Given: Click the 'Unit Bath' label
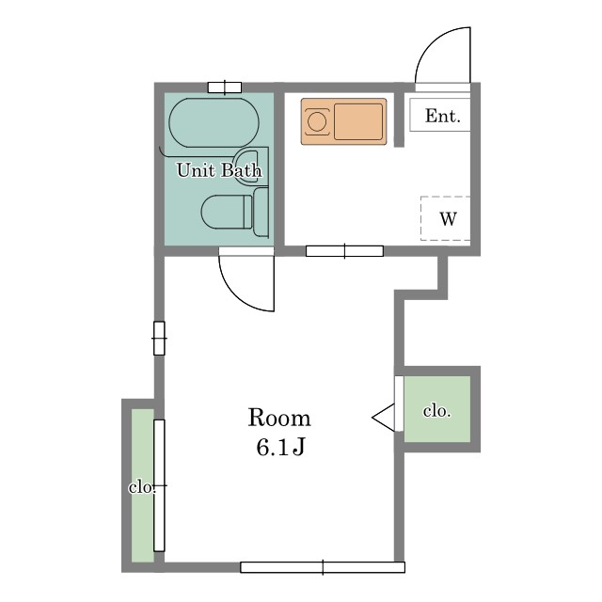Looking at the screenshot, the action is coord(219,170).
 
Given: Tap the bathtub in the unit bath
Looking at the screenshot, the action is coord(214,123).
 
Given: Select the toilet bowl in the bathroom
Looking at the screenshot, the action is coord(227,213).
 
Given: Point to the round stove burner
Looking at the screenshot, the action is coord(317,121).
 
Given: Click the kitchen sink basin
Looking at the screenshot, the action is coord(358,121).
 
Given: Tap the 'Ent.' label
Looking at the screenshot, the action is coord(443,116).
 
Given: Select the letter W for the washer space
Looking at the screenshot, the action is coord(448,219).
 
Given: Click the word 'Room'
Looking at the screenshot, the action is coord(279,418).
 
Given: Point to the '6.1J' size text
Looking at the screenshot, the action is coord(280,447).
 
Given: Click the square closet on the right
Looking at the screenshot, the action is coord(437,409).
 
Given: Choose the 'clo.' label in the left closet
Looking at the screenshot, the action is coord(142,487).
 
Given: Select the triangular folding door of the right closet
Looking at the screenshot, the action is coord(383,418).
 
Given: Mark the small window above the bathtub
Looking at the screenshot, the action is coord(225,87).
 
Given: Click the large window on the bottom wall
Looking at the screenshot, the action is coord(323,567).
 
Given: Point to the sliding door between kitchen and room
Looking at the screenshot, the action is coord(344,251).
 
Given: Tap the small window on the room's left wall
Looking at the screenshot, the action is coord(159,339).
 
